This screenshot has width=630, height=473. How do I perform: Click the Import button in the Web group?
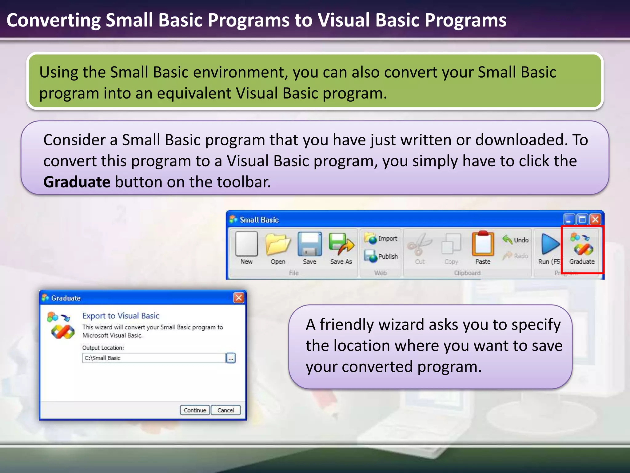click(381, 238)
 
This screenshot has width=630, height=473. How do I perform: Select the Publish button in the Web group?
click(381, 256)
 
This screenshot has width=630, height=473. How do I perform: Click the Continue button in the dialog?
click(195, 410)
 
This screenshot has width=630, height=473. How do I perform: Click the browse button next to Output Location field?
click(231, 358)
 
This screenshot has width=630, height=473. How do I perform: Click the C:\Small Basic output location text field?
click(154, 358)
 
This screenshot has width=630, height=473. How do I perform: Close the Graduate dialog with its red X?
click(239, 298)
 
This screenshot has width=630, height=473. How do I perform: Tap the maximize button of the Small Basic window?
click(582, 220)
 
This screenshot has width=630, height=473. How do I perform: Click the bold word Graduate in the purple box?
click(77, 182)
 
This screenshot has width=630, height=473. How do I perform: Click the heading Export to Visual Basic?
click(121, 316)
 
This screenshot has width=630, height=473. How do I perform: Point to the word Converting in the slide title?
click(54, 20)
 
